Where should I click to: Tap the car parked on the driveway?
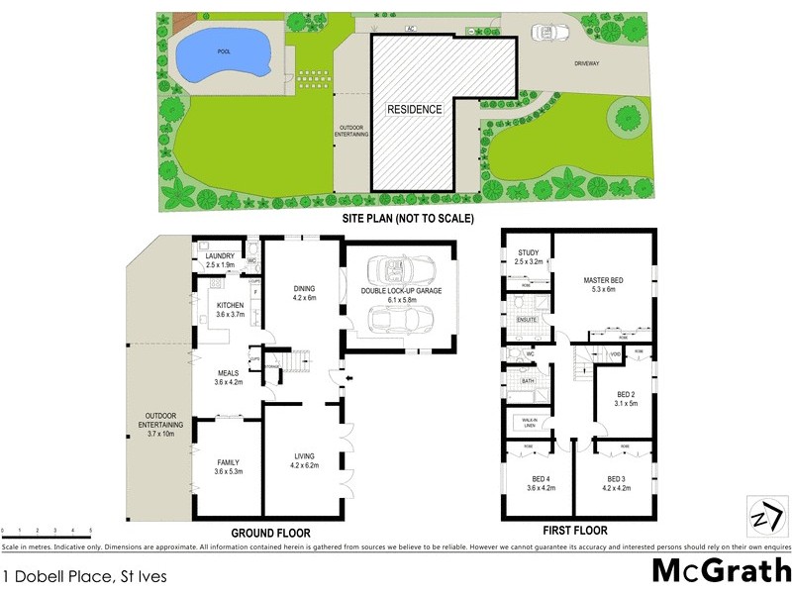(x=548, y=32)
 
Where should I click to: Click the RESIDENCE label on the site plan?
(x=414, y=109)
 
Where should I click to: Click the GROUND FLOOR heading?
(x=270, y=533)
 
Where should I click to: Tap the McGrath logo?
(x=720, y=571)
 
